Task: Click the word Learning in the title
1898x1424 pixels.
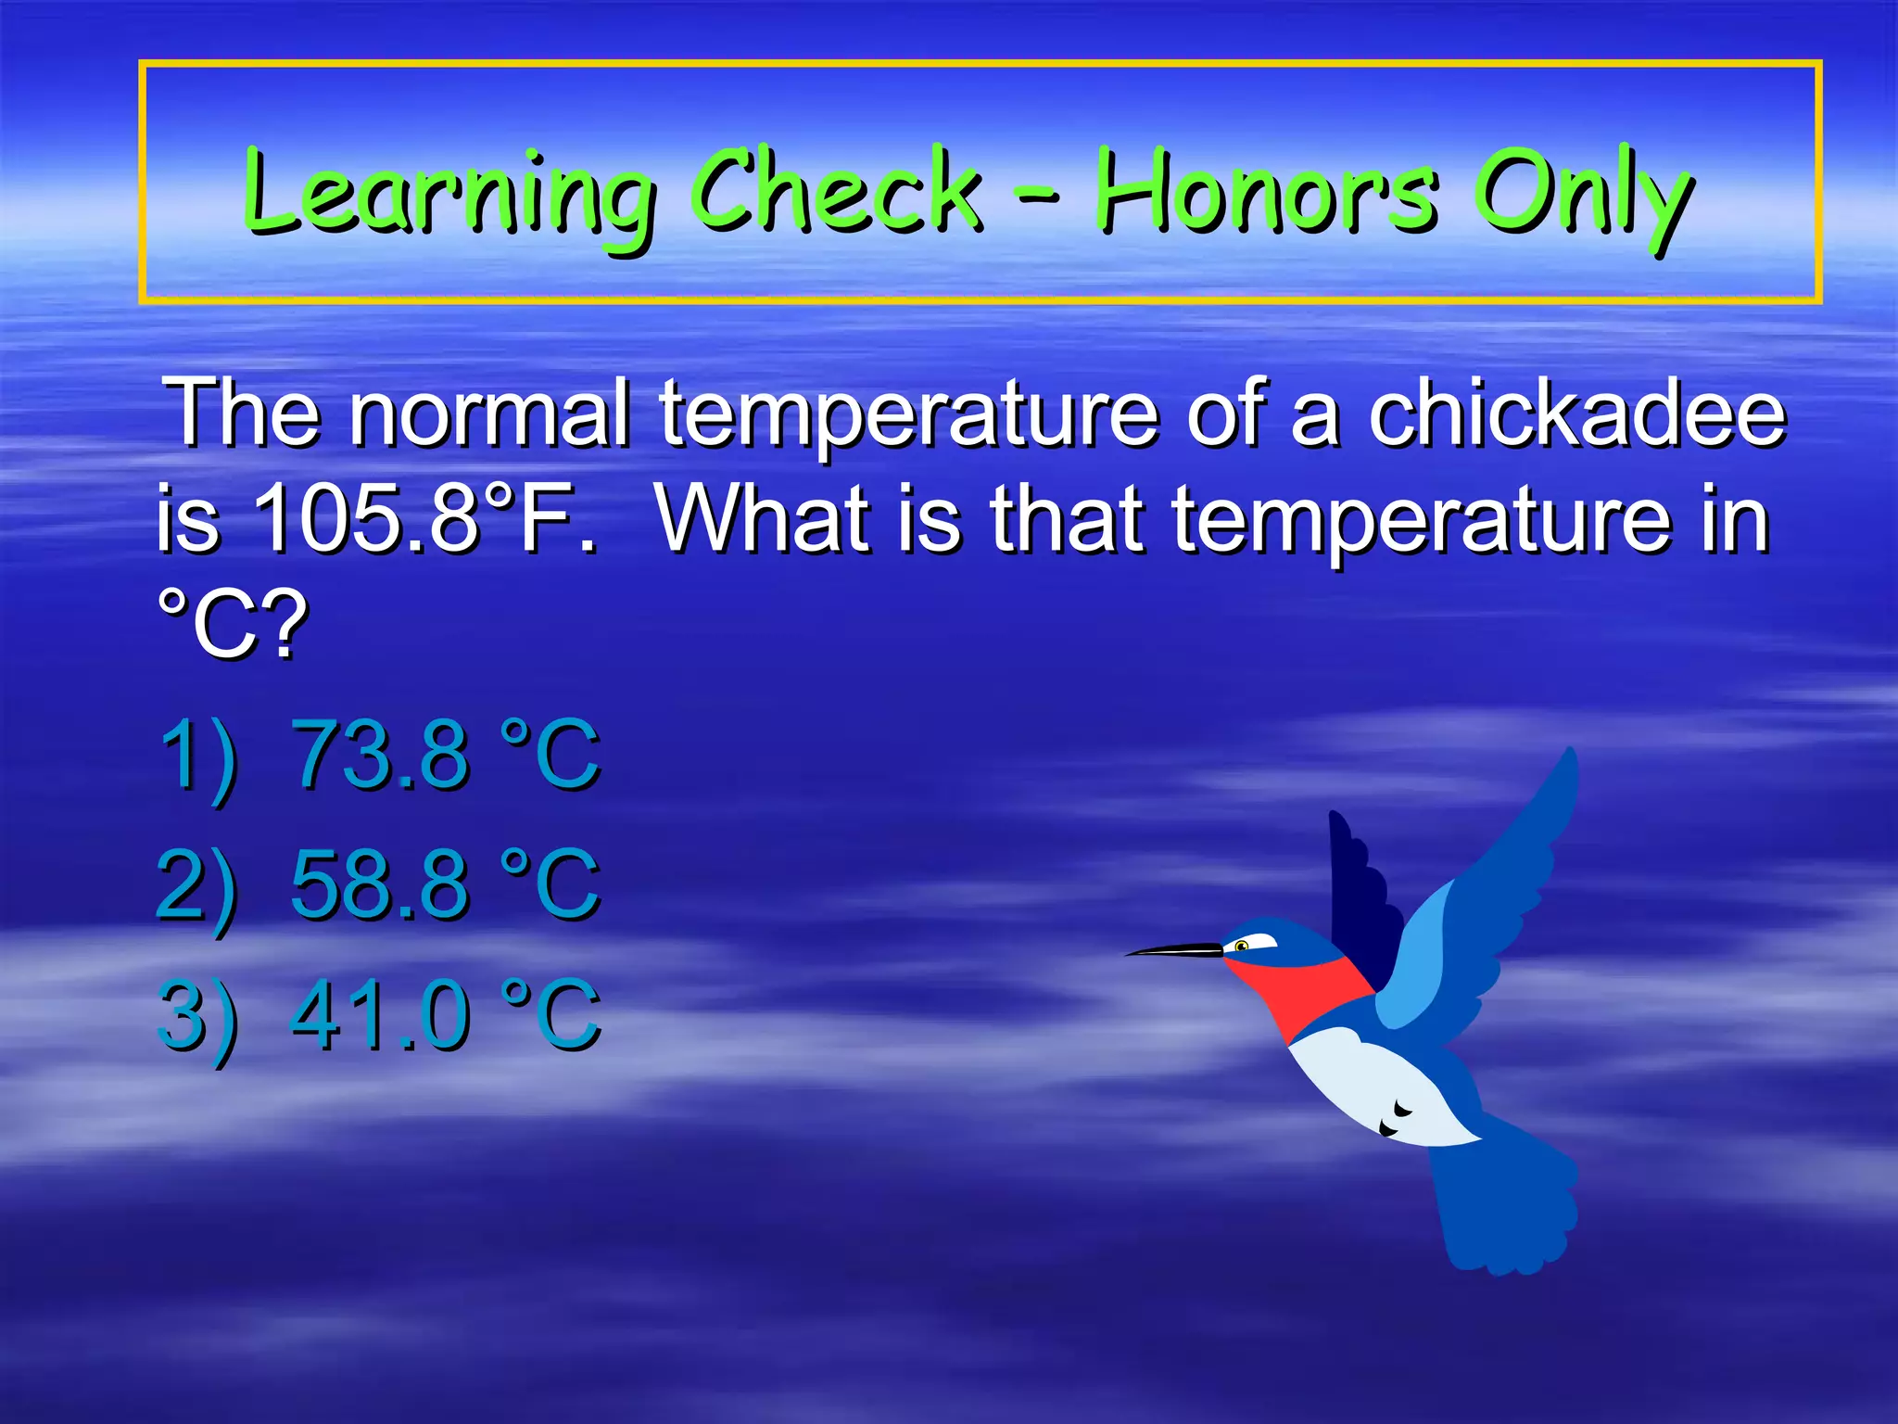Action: click(x=449, y=195)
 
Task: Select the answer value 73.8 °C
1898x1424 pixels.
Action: click(x=445, y=755)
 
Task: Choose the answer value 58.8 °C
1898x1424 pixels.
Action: click(x=445, y=884)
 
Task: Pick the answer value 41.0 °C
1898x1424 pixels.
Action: click(x=445, y=1016)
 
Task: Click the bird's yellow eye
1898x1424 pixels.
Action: click(x=1242, y=946)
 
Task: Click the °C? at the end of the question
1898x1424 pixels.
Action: click(x=232, y=625)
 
